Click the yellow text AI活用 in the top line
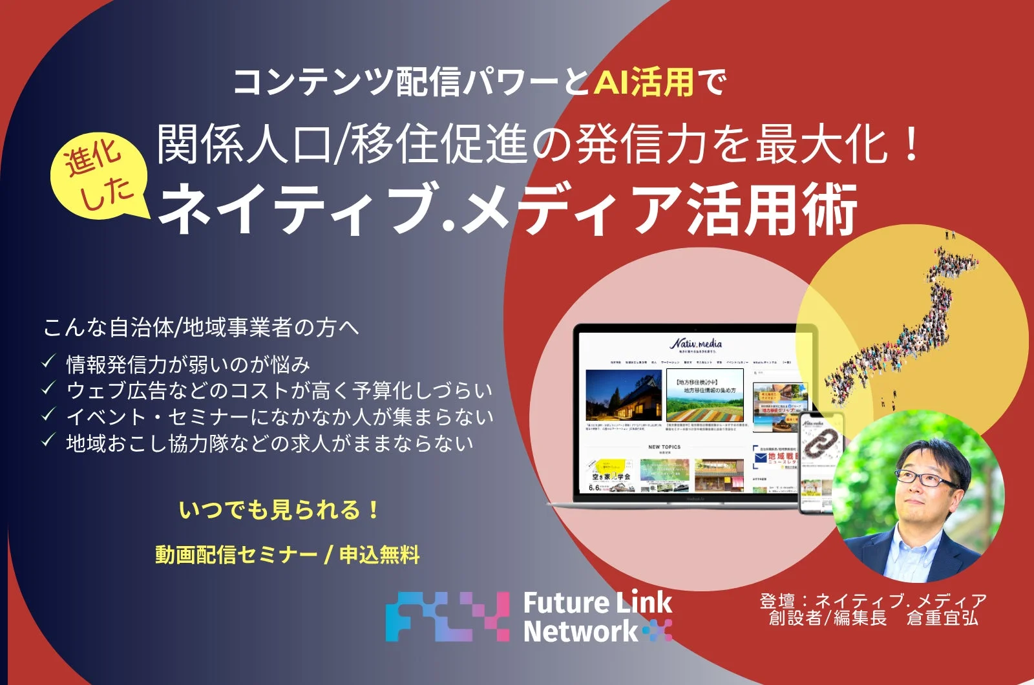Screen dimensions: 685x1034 pyautogui.click(x=644, y=82)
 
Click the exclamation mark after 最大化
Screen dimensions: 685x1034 pyautogui.click(x=912, y=145)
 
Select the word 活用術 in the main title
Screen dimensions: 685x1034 pyautogui.click(x=772, y=209)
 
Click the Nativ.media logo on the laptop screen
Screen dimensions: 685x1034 pyautogui.click(x=695, y=344)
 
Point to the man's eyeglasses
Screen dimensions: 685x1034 pyautogui.click(x=927, y=479)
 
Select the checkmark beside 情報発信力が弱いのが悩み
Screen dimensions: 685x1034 pyautogui.click(x=48, y=363)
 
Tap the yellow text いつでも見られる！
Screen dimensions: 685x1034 pyautogui.click(x=279, y=511)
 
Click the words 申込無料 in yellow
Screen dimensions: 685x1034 pyautogui.click(x=379, y=554)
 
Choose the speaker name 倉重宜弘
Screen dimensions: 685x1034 pyautogui.click(x=942, y=618)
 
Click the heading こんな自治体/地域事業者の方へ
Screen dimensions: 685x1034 pyautogui.click(x=200, y=328)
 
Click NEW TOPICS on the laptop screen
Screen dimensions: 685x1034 pyautogui.click(x=664, y=447)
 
